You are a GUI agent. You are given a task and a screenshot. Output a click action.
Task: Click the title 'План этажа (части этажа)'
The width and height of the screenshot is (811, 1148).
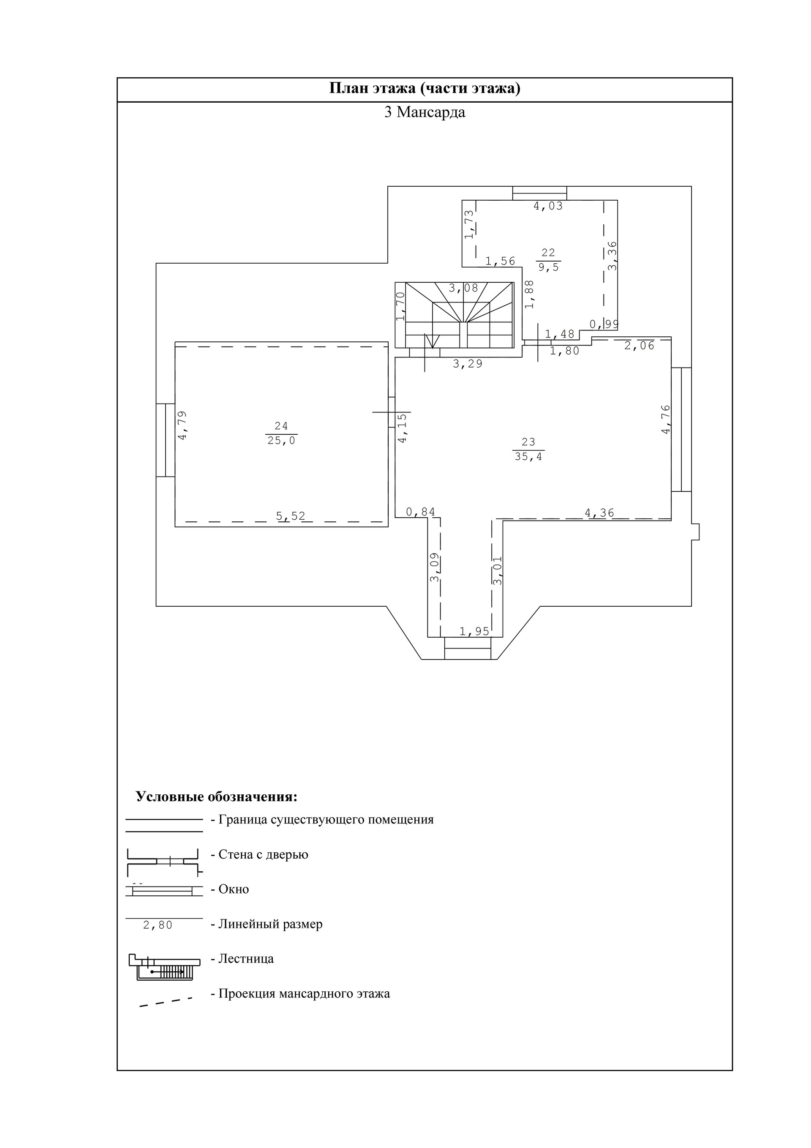pos(425,88)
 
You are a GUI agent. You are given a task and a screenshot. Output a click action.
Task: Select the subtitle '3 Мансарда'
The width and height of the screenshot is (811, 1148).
pos(425,112)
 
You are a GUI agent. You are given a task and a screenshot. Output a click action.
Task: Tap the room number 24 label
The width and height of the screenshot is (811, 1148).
pos(281,426)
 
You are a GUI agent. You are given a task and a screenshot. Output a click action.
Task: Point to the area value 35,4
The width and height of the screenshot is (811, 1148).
pos(528,456)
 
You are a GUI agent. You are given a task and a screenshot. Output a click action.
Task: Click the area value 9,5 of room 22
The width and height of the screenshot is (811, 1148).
pos(549,267)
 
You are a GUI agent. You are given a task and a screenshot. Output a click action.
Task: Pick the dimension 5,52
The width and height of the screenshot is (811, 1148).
pos(291,516)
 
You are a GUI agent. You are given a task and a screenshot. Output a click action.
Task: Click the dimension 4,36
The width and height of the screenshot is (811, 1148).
pos(599,513)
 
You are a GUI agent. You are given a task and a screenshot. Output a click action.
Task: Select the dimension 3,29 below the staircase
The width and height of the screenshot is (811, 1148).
pos(468,364)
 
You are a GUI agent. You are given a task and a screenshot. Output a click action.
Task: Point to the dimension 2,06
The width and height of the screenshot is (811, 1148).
pos(639,346)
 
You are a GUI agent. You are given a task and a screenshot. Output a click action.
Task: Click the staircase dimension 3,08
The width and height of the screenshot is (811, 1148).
pos(463,288)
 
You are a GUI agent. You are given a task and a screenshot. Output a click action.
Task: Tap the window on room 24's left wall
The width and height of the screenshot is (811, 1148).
pos(166,440)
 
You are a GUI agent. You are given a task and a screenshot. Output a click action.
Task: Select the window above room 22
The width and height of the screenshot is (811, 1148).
pos(539,193)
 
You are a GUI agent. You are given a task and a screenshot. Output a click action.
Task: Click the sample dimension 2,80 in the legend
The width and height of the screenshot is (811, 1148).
pos(158,925)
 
